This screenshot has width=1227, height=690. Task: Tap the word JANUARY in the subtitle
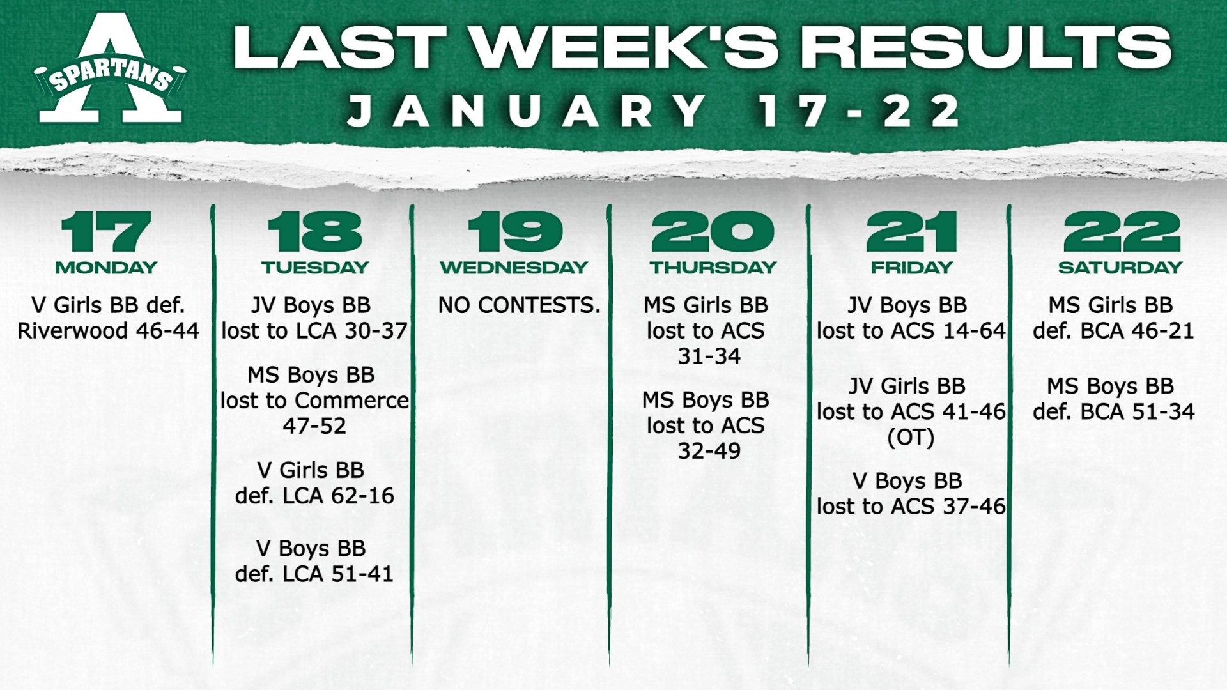click(x=527, y=111)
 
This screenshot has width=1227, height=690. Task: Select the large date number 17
click(x=106, y=231)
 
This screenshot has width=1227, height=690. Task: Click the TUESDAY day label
click(x=315, y=268)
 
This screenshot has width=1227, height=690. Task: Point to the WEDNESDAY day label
click(x=514, y=268)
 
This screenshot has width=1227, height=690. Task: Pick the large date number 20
click(x=713, y=231)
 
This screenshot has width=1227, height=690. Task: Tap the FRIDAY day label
click(x=911, y=268)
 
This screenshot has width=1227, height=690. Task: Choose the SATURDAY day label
click(x=1120, y=268)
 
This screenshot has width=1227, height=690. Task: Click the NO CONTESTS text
click(x=519, y=305)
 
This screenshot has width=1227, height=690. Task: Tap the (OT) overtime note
click(x=911, y=438)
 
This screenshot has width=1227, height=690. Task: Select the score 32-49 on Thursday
click(x=709, y=451)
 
